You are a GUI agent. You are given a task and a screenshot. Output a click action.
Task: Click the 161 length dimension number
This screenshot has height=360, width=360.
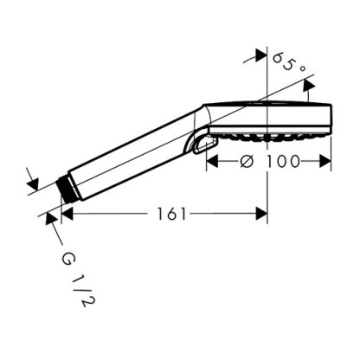coord(170,214)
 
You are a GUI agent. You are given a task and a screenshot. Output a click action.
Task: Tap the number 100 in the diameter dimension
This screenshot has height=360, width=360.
coord(283,161)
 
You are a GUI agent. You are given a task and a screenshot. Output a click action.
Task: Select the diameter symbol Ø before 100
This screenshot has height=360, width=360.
coord(247,161)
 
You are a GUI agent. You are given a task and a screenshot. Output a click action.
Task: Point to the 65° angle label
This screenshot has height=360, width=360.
coord(288,63)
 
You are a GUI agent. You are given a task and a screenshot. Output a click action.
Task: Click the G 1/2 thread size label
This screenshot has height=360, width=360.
coord(78,279)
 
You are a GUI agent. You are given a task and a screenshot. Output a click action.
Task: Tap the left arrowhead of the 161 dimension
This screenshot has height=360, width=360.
coord(67,214)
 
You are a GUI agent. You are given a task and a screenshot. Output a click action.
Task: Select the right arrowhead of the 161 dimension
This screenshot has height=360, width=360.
coord(261,214)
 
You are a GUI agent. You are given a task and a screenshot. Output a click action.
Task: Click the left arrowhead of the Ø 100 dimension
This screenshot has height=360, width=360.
coord(212,161)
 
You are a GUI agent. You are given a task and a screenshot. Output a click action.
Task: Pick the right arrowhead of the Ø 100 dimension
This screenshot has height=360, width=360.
coord(325,161)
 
